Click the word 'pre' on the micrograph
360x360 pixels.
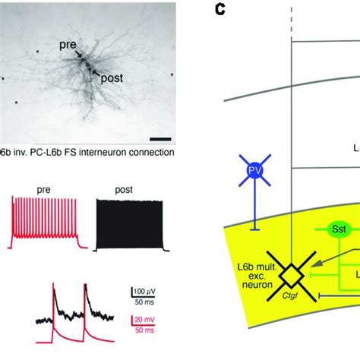pos(69,45)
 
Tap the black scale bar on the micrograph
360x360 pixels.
pos(159,138)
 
